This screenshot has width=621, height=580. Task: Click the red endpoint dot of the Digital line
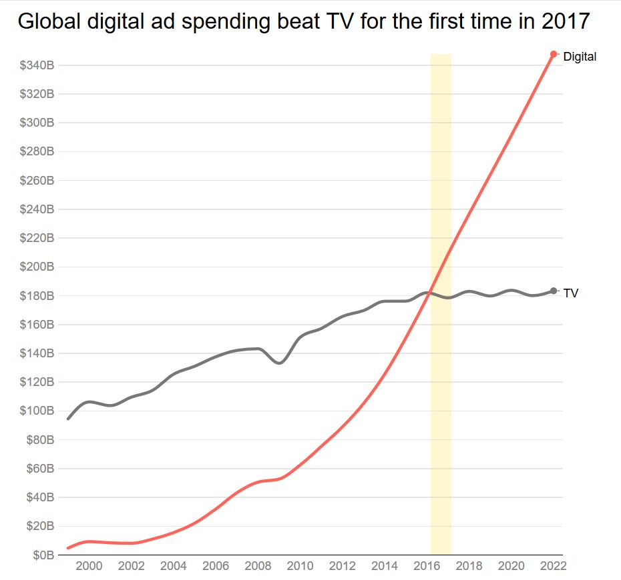tap(554, 54)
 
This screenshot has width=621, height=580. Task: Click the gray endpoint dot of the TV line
tap(554, 291)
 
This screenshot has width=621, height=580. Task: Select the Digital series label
tap(580, 57)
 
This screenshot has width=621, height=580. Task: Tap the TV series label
tap(571, 293)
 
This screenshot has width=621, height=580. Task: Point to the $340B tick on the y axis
tap(37, 65)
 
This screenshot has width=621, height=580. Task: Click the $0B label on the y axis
tap(45, 555)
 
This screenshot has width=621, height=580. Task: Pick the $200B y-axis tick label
tap(37, 267)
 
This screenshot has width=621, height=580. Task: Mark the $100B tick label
tap(37, 411)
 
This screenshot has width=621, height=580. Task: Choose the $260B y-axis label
tap(37, 181)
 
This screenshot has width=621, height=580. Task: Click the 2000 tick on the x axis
tap(89, 567)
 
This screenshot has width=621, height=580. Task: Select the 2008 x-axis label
tap(258, 567)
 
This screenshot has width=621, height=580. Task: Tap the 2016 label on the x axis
tap(427, 567)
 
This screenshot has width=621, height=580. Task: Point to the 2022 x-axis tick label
tap(554, 567)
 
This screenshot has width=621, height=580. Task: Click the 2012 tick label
tap(343, 567)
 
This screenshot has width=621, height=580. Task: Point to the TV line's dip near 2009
tap(279, 363)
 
